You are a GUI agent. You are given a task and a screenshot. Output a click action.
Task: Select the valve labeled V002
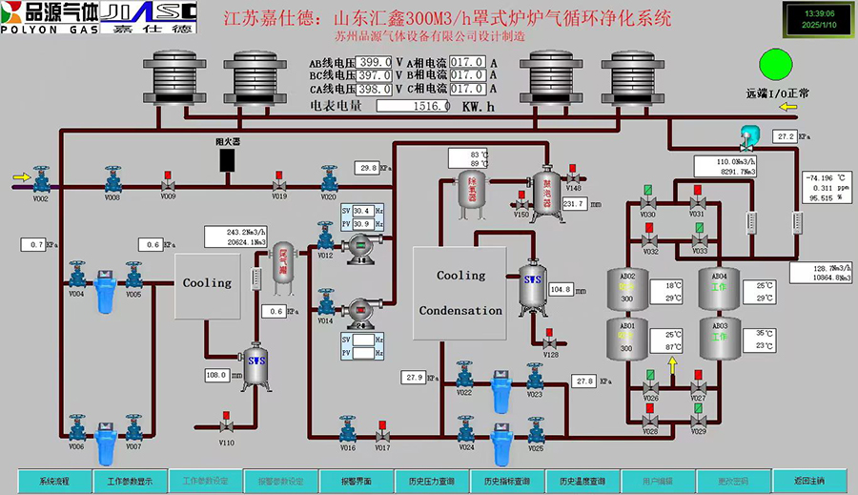(x=41, y=180)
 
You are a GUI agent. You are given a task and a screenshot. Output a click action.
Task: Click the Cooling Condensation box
(x=461, y=291)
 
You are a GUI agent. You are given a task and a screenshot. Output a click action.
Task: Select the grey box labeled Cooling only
(x=207, y=283)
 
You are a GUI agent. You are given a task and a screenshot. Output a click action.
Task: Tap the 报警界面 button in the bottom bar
(x=356, y=481)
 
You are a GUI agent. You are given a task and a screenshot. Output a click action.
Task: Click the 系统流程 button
(x=54, y=481)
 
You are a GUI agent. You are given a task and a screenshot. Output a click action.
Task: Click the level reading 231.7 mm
(x=574, y=204)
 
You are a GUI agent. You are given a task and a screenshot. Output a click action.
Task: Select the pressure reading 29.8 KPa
(x=367, y=168)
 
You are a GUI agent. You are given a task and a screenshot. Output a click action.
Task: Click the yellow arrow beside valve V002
(x=19, y=176)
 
